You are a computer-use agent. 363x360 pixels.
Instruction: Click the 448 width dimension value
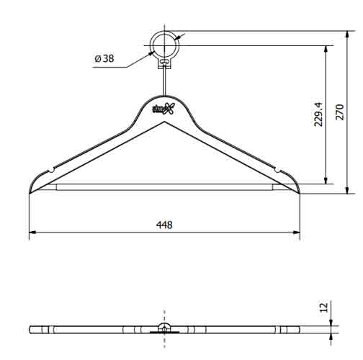point(165,225)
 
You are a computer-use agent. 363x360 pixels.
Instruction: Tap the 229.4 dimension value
point(319,114)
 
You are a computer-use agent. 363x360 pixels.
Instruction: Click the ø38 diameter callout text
point(104,58)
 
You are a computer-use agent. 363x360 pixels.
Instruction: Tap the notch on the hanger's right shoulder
point(277,170)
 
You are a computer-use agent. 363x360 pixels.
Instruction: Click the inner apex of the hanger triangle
point(165,122)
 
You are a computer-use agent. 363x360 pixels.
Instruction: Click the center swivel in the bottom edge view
point(165,328)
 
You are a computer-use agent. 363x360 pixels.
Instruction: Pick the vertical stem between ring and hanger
point(165,81)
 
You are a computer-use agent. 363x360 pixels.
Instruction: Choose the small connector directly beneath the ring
point(165,63)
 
